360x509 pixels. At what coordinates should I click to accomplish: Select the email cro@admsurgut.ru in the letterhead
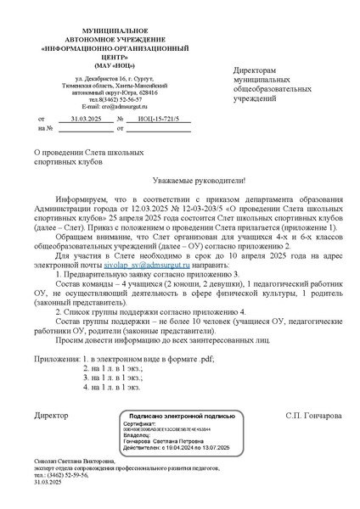click(x=114, y=107)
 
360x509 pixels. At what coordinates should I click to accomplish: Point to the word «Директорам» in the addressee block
click(x=254, y=70)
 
